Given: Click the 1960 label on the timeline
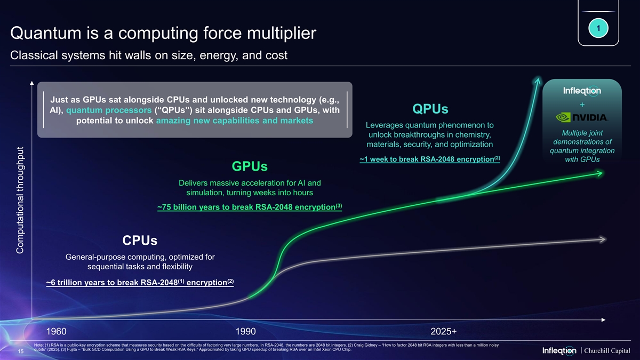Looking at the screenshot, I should pos(57,331).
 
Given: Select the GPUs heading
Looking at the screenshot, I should pos(250,166).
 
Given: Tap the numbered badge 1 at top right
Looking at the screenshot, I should pos(599,28).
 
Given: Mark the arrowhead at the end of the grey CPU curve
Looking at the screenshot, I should pos(603,239).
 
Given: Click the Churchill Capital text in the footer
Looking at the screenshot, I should pos(608,350).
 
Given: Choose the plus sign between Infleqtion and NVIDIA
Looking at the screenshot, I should pos(582,105).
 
